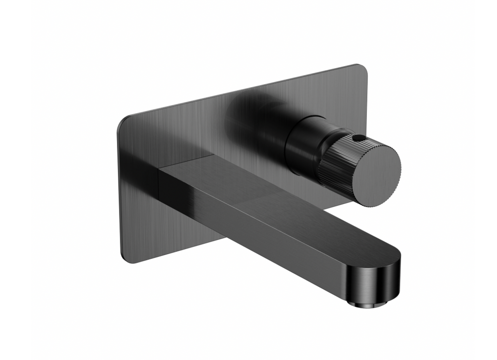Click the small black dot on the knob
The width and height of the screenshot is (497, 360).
pyautogui.click(x=358, y=138)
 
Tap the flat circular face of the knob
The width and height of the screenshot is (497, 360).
pyautogui.click(x=377, y=171)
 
